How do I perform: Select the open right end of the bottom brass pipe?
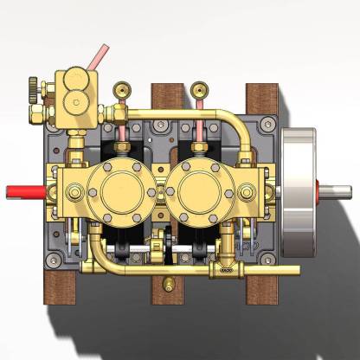point(297,270)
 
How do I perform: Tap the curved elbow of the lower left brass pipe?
point(98,260)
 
